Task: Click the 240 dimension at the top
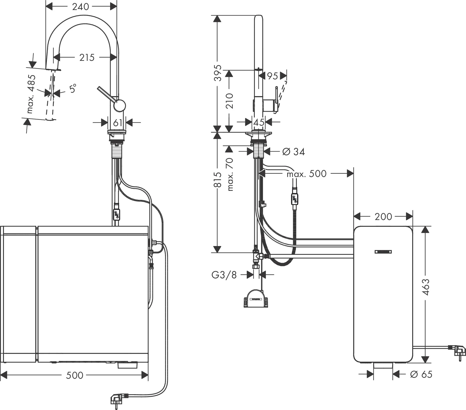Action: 81,7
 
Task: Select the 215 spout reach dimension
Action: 87,58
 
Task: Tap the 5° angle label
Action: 73,89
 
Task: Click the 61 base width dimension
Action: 117,123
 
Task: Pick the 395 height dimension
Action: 218,73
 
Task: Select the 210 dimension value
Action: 229,101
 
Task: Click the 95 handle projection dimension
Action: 273,76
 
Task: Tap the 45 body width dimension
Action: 259,122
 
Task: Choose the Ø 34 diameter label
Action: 294,152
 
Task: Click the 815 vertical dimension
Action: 218,179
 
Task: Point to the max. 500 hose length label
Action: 307,174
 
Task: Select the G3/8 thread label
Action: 224,275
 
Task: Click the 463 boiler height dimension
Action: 425,287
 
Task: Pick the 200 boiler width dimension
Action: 383,217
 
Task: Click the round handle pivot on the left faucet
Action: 119,105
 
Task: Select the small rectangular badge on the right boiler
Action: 383,252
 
